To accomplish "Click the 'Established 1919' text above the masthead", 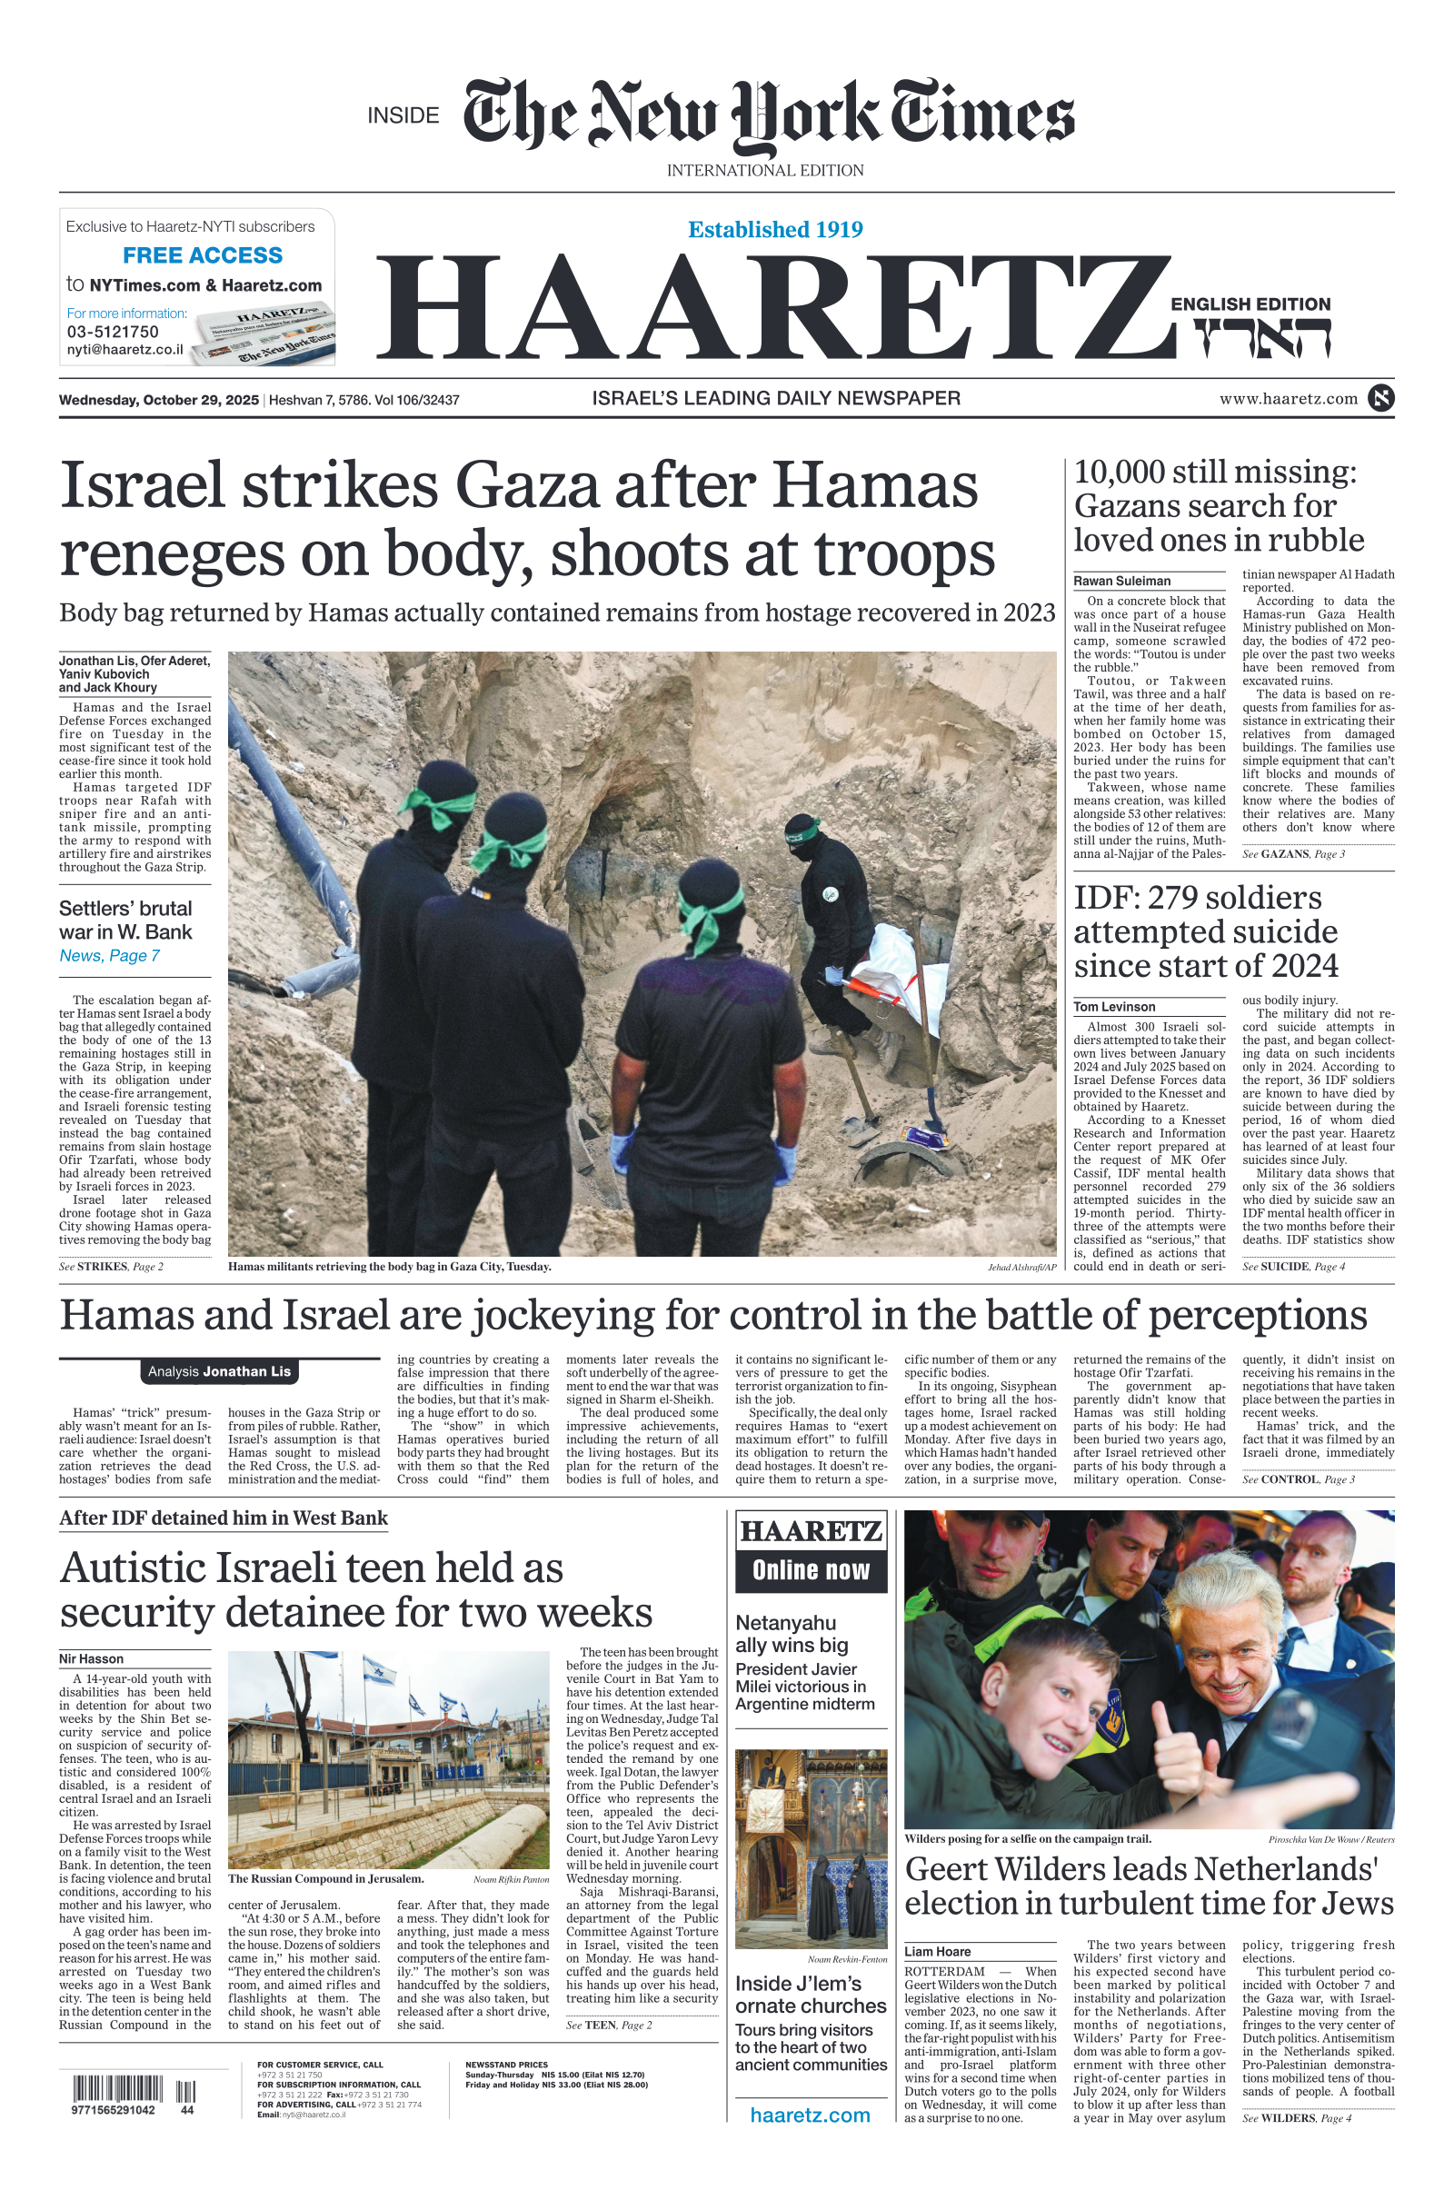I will pyautogui.click(x=775, y=230).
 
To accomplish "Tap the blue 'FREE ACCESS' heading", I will pyautogui.click(x=202, y=255).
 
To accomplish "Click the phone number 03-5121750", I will pyautogui.click(x=112, y=332).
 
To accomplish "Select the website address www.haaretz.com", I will pyautogui.click(x=1288, y=399).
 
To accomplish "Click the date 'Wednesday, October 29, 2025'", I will pyautogui.click(x=158, y=401).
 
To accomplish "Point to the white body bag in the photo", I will pyautogui.click(x=895, y=973).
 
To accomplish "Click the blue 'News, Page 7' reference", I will pyautogui.click(x=109, y=956).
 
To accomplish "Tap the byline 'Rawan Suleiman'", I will pyautogui.click(x=1122, y=582).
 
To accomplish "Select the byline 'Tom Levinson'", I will pyautogui.click(x=1114, y=1007).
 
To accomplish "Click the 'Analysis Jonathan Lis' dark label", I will pyautogui.click(x=220, y=1371).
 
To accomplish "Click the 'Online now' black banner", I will pyautogui.click(x=811, y=1569).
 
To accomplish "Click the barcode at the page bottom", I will pyautogui.click(x=118, y=2090).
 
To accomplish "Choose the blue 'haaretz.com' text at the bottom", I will pyautogui.click(x=810, y=2115).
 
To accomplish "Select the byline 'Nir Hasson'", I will pyautogui.click(x=91, y=1658).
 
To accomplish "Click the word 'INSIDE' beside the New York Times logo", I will pyautogui.click(x=403, y=116).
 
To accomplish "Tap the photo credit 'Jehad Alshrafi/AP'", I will pyautogui.click(x=1021, y=1268).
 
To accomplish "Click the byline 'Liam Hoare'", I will pyautogui.click(x=938, y=1952).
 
